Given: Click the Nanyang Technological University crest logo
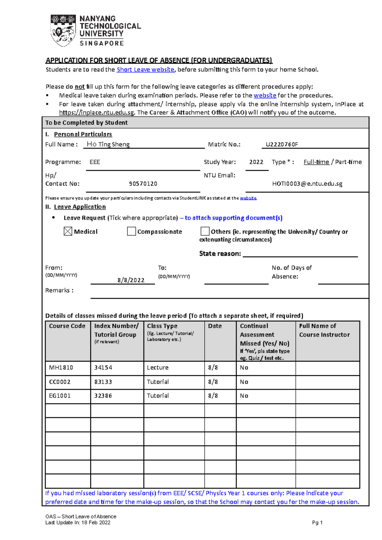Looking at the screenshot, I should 63,31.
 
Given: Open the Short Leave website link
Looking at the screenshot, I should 145,70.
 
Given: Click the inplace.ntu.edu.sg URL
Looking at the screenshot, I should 97,113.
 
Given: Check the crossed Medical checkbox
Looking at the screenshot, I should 68,232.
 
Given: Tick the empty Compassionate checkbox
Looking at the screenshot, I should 131,232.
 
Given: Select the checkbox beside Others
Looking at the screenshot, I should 205,232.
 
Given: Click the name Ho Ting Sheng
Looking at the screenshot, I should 108,144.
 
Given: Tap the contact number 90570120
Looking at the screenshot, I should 143,184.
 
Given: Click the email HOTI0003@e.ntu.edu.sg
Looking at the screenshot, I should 307,184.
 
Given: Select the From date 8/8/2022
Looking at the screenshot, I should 131,280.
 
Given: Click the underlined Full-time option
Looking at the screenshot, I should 316,162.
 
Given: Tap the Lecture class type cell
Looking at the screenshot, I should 158,368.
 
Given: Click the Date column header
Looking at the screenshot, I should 215,326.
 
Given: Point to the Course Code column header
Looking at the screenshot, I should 67,326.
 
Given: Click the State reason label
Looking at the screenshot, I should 220,254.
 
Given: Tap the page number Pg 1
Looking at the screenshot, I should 317,523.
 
